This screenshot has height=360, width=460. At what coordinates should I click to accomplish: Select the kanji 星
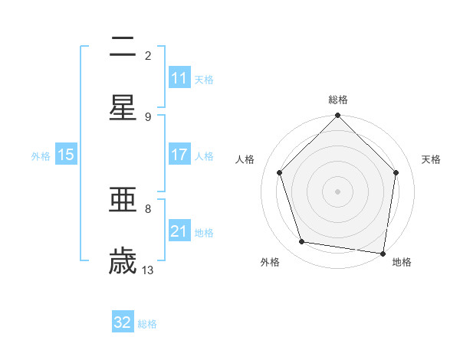pyautogui.click(x=123, y=108)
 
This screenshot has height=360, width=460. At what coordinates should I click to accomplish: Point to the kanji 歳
pyautogui.click(x=123, y=261)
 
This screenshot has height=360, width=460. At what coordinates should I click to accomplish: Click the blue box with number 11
pyautogui.click(x=179, y=78)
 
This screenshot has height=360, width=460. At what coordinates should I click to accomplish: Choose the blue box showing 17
pyautogui.click(x=179, y=155)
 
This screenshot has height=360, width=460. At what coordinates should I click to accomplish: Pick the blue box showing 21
pyautogui.click(x=179, y=231)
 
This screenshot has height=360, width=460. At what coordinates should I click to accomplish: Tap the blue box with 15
pyautogui.click(x=66, y=155)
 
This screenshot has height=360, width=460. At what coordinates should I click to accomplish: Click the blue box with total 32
pyautogui.click(x=123, y=322)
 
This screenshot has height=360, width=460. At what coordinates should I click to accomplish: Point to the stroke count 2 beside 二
pyautogui.click(x=148, y=55)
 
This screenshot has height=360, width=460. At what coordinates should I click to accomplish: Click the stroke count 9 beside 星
pyautogui.click(x=148, y=116)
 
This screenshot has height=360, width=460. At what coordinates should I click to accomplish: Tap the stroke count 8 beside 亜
pyautogui.click(x=148, y=208)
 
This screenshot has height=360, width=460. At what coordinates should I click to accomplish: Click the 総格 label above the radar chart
pyautogui.click(x=338, y=100)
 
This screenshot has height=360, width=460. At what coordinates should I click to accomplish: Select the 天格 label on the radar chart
pyautogui.click(x=432, y=159)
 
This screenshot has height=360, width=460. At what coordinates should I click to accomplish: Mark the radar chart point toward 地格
pyautogui.click(x=383, y=253)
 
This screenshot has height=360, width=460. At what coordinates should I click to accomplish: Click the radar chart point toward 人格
pyautogui.click(x=280, y=172)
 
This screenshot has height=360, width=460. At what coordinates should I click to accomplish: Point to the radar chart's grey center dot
pyautogui.click(x=338, y=191)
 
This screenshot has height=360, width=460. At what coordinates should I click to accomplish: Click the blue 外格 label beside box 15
pyautogui.click(x=41, y=155)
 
